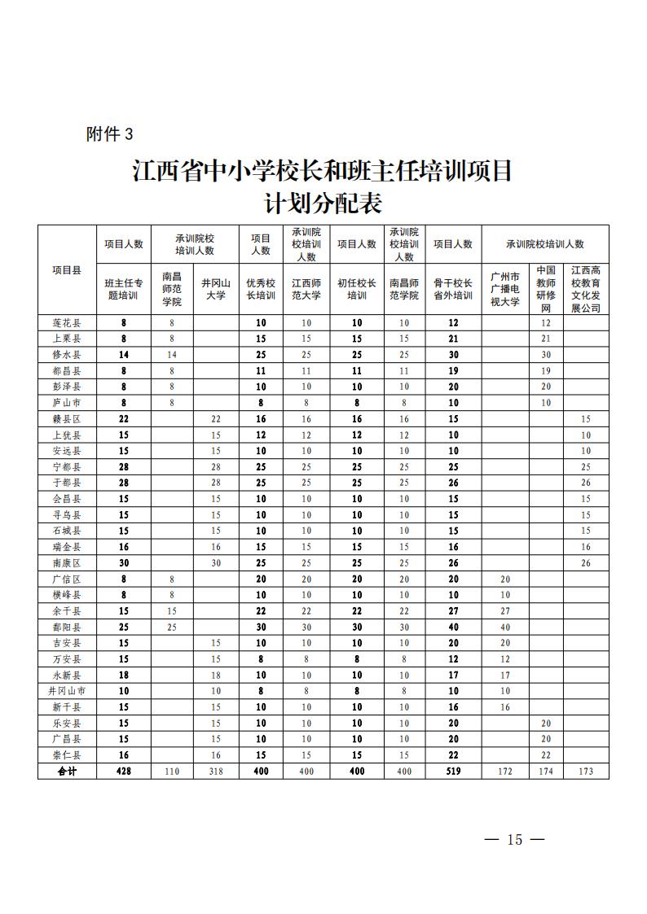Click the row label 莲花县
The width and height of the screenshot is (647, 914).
[x=67, y=323]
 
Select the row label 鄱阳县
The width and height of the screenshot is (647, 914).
[x=67, y=627]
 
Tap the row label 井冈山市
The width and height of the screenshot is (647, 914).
[x=67, y=691]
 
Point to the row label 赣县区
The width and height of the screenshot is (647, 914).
[x=67, y=419]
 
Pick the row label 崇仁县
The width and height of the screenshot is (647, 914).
[x=67, y=755]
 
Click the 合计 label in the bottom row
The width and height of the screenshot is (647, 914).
[x=67, y=771]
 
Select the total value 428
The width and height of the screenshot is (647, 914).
[x=124, y=771]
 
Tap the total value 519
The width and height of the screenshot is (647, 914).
[x=453, y=771]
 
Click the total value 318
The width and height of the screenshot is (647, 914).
[x=216, y=771]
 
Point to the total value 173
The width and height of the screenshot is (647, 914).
[x=586, y=771]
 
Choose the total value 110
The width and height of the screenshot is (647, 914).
[x=172, y=771]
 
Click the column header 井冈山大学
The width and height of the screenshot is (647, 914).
[x=216, y=290]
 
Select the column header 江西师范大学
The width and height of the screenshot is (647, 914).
[x=306, y=290]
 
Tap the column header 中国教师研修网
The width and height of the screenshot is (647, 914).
[x=546, y=290]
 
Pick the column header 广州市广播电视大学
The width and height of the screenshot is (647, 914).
[x=505, y=290]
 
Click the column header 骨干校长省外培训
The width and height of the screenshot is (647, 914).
[x=453, y=290]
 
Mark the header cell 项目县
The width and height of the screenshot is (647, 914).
[x=67, y=269]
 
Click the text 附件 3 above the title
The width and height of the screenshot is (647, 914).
[x=109, y=134]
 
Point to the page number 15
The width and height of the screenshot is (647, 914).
[x=513, y=840]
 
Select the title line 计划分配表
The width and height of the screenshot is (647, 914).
[x=323, y=202]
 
